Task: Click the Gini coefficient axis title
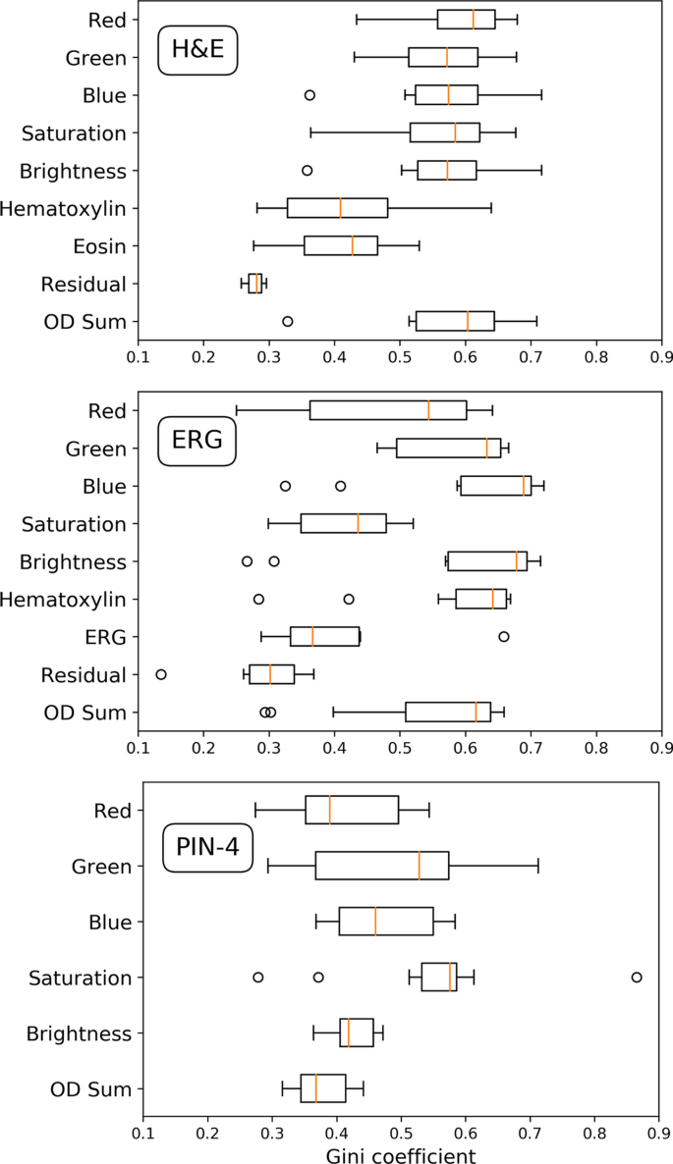click(x=401, y=1155)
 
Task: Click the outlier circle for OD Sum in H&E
click(x=288, y=321)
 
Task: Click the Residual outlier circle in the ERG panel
click(x=161, y=674)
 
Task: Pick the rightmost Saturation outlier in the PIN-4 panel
click(x=637, y=977)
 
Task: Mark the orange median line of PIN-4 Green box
click(x=420, y=866)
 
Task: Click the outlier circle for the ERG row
click(x=504, y=636)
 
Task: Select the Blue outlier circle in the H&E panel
click(x=309, y=95)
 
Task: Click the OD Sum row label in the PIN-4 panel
click(x=89, y=1088)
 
